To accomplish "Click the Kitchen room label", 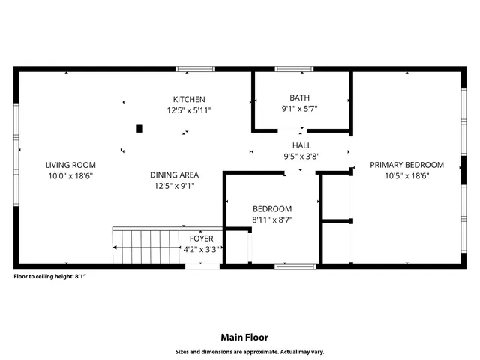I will [189, 100].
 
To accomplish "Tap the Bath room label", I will [300, 97].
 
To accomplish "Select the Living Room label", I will [70, 165].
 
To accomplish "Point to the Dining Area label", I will [174, 175].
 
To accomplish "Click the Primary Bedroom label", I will [406, 165].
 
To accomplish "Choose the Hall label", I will [301, 145].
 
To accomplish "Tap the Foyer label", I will [201, 238].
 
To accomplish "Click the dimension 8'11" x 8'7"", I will [272, 220].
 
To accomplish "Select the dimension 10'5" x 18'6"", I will [406, 176].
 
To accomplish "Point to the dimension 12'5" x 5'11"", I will [189, 110].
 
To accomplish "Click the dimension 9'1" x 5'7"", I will [300, 109].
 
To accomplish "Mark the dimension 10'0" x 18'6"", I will [70, 176].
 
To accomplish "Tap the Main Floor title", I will [244, 337].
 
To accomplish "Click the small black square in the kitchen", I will [139, 128].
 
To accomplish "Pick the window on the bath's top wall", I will [294, 69].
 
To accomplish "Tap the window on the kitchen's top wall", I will [195, 69].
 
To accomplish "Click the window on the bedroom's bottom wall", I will [295, 265].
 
